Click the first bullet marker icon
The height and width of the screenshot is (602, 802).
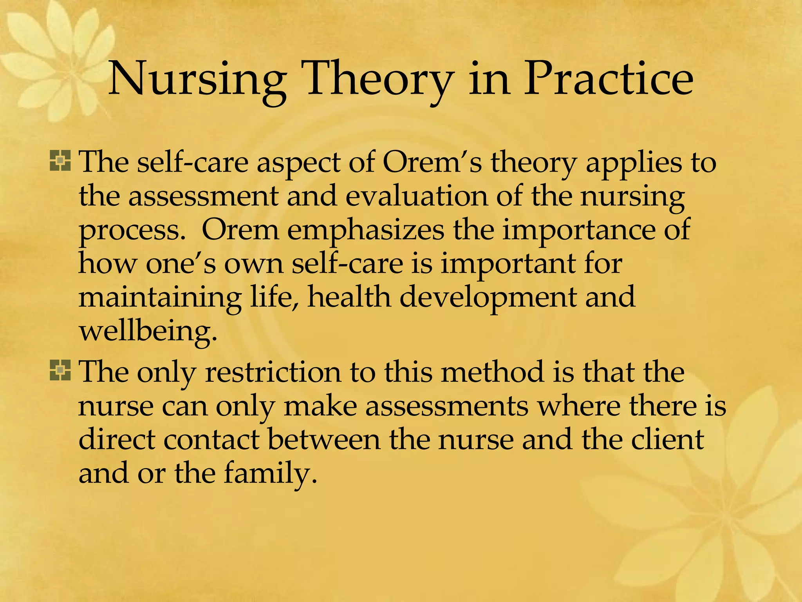[x=60, y=161]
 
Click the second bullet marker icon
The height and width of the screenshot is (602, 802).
[x=60, y=370]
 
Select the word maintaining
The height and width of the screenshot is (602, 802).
[x=160, y=297]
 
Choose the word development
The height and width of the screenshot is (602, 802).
[x=488, y=297]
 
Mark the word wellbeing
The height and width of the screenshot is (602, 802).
[x=148, y=331]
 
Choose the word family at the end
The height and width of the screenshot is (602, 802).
[x=269, y=473]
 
